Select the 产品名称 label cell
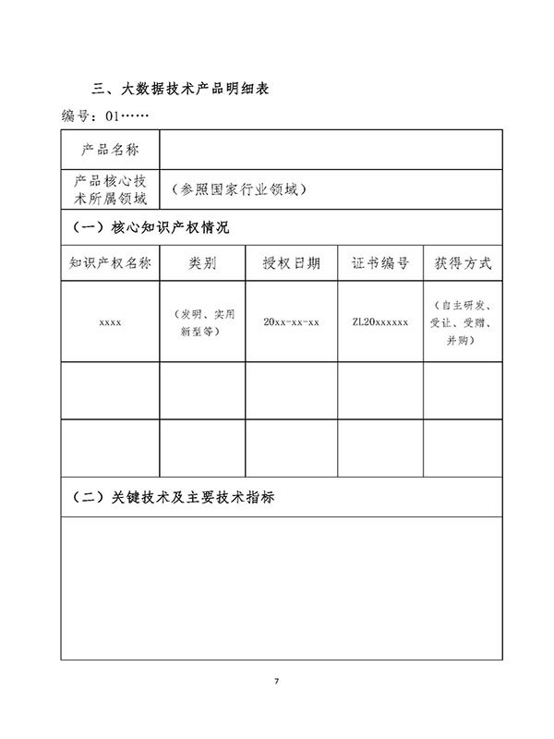(x=110, y=150)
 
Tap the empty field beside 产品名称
(x=331, y=150)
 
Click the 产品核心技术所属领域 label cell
(x=110, y=189)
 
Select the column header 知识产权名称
(x=110, y=262)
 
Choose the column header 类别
(x=202, y=262)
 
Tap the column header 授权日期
(x=292, y=262)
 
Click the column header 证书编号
(x=380, y=262)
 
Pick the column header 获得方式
(x=463, y=262)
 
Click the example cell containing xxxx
(x=110, y=321)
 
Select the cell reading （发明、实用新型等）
(x=202, y=321)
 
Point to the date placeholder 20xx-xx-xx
(x=292, y=321)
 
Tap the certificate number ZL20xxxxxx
(x=380, y=321)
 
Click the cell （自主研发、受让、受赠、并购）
(x=463, y=321)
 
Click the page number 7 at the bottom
(x=276, y=682)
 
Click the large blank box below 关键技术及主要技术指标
(x=282, y=588)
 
